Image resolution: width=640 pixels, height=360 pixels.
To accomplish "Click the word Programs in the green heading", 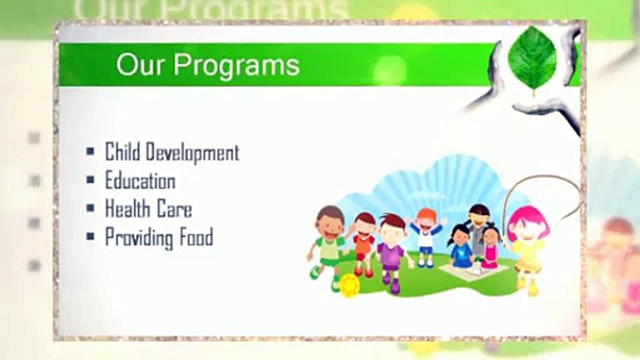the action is (237, 66).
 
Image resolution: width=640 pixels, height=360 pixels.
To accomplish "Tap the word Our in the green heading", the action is (139, 64).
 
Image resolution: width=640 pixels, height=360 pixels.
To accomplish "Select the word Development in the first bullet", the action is (192, 152).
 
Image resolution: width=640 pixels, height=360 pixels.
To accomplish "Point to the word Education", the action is (140, 180).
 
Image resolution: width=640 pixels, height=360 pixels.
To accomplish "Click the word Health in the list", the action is (127, 208).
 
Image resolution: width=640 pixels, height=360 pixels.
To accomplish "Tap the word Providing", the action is (139, 237).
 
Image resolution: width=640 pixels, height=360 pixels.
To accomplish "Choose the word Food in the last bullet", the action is (196, 236).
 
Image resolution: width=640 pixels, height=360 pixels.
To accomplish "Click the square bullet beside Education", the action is (90, 179).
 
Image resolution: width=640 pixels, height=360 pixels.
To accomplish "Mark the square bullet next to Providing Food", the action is (90, 236).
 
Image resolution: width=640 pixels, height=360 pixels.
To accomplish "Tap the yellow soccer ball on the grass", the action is (349, 285).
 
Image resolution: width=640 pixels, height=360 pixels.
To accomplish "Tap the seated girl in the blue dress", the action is (460, 246).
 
